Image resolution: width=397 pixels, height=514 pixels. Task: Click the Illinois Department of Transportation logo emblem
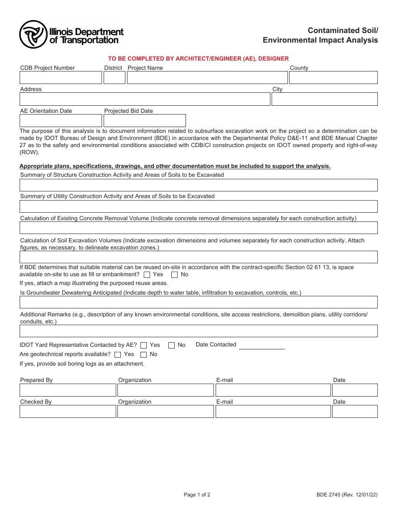pos(33,35)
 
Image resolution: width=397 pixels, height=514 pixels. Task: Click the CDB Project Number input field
pos(61,78)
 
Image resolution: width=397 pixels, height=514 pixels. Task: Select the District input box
pos(115,78)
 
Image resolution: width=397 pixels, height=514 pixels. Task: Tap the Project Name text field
pos(207,78)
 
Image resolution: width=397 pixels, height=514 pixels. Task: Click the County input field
pos(333,78)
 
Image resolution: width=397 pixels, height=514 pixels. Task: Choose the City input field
pos(325,99)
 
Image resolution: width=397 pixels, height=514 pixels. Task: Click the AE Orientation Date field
pos(61,121)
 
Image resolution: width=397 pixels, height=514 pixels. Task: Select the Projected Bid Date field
pos(145,121)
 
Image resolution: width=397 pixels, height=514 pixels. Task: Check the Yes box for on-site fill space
pos(147,275)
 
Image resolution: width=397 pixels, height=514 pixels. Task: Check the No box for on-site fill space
pos(175,275)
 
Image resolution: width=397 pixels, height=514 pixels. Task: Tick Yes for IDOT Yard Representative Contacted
pos(144,345)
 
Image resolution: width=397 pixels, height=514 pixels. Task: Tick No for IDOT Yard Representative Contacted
pos(171,345)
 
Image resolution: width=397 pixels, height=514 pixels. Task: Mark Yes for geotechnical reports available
pos(117,355)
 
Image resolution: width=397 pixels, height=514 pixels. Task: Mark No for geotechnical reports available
pos(143,355)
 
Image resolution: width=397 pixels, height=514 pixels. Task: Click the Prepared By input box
pos(68,390)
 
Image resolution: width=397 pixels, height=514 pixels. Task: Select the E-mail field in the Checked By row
pos(273,412)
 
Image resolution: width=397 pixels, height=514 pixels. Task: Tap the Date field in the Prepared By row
pos(355,390)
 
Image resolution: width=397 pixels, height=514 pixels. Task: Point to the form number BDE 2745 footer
pos(347,495)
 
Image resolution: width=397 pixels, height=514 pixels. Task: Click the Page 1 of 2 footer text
pos(197,495)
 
